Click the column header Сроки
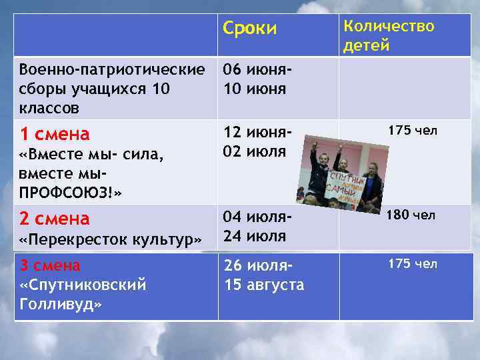tap(249, 29)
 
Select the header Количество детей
tap(388, 35)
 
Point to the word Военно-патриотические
tap(113, 69)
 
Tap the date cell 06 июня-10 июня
tap(257, 79)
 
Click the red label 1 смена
tap(55, 134)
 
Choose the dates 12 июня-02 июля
tap(257, 142)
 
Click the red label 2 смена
tap(55, 218)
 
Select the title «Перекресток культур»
tap(111, 239)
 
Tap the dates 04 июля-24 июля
tap(257, 227)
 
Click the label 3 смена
tap(50, 265)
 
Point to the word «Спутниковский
tap(83, 285)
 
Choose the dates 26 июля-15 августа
tap(263, 275)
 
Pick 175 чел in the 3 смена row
tap(413, 264)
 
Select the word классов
tap(49, 107)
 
